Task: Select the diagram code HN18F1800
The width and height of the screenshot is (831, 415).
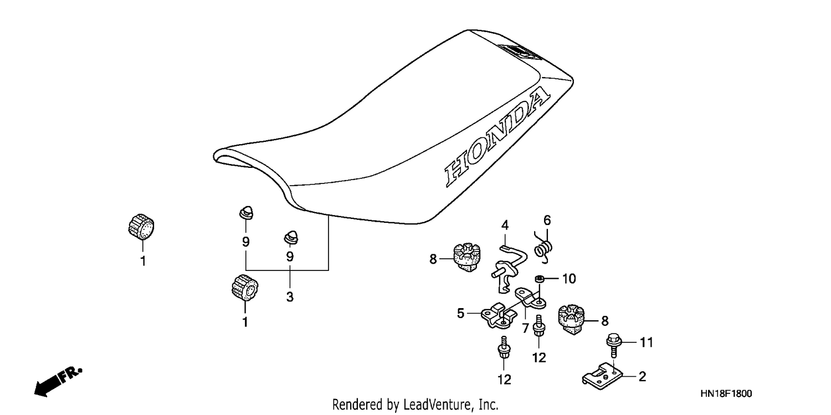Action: coord(726,393)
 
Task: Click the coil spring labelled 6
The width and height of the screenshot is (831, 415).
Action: coord(544,248)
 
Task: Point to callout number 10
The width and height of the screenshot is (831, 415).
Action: coord(569,279)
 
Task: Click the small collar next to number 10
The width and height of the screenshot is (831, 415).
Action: coord(540,278)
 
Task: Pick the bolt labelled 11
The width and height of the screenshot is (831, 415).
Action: coord(613,345)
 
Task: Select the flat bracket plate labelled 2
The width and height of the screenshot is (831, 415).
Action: coord(602,377)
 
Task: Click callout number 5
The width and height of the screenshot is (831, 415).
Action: coord(460,314)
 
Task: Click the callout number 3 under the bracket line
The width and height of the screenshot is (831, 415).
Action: coord(290,296)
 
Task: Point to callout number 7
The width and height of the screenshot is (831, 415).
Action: coord(525,328)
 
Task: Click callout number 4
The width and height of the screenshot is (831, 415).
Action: coord(505,225)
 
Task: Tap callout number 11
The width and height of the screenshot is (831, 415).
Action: coord(647,342)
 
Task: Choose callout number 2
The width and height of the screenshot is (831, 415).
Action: coord(643,376)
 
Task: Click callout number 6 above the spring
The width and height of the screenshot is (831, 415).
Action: coord(547,221)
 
